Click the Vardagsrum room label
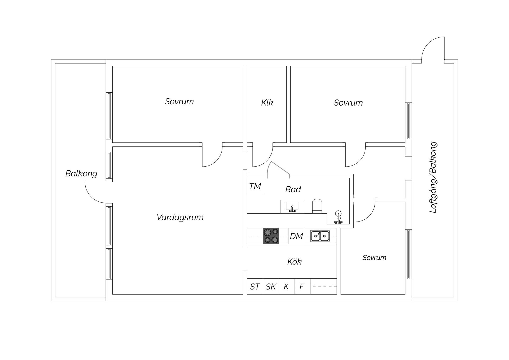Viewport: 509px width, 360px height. [x=180, y=218]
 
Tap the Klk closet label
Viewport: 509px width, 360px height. [x=267, y=103]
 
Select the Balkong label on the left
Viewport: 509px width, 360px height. [x=81, y=174]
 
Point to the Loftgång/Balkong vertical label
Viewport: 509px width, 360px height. [x=433, y=177]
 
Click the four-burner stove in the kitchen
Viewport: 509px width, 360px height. [x=271, y=236]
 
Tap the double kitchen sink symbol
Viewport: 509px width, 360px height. [x=320, y=236]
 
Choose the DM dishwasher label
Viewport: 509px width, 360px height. [x=296, y=236]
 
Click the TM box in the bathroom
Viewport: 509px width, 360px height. [x=255, y=186]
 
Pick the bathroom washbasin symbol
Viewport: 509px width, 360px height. [x=292, y=207]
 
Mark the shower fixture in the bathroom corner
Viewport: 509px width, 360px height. [x=338, y=217]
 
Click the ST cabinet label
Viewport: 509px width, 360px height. [x=255, y=287]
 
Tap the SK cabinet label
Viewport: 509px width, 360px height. [x=271, y=287]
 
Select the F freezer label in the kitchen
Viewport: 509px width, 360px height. [x=302, y=287]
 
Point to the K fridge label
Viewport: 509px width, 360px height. [x=286, y=287]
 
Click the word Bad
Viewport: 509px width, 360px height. [x=293, y=189]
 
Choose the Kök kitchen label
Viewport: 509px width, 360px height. [x=294, y=262]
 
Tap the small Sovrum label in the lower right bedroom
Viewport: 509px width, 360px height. [x=374, y=258]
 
